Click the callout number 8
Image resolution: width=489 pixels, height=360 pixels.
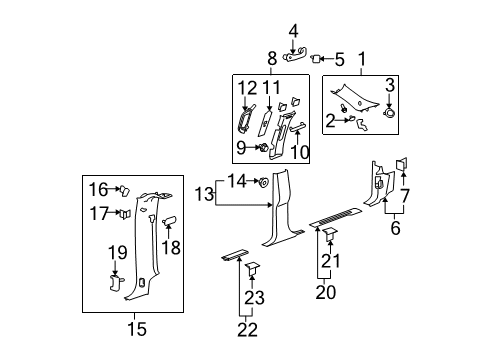(271, 58)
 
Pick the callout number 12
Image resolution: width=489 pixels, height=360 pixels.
(248, 87)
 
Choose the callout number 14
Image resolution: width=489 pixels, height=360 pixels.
(236, 181)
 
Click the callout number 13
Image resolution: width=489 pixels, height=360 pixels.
(204, 193)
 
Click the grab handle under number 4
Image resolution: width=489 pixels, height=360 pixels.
(293, 58)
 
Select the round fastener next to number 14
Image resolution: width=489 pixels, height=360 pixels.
(260, 182)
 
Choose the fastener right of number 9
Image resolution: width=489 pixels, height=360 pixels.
(262, 149)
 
